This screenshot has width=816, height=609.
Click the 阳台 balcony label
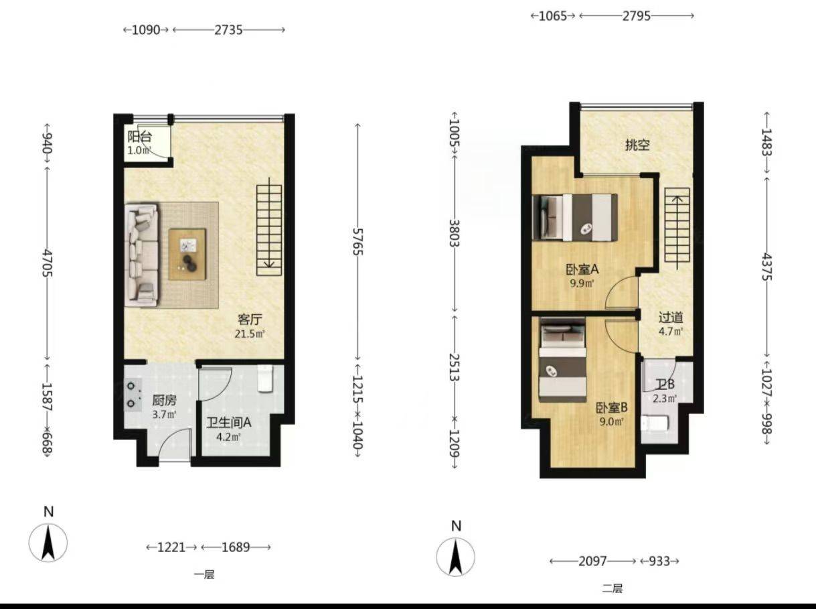point(140,137)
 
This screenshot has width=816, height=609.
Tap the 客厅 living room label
point(250,319)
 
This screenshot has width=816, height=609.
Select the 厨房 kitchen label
point(164,401)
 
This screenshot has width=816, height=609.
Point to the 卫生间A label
point(229,423)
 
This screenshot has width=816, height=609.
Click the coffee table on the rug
point(187,254)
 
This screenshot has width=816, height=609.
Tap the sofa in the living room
point(142,255)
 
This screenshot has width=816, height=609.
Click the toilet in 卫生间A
point(265,379)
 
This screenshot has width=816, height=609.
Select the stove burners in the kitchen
point(133,395)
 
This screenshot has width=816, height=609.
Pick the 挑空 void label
point(637,145)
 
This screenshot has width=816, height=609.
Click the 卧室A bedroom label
point(582,269)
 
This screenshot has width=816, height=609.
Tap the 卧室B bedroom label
point(612,408)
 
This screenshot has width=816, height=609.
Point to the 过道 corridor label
point(671,318)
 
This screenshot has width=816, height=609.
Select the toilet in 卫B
point(655,423)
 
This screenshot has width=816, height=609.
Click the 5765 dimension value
point(357,241)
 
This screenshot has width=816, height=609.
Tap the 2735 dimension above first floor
point(228,29)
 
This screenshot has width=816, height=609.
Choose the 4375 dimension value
point(766,267)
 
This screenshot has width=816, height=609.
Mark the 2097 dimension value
point(592,561)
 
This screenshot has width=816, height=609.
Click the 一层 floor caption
point(204,575)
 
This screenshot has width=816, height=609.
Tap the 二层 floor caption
point(612,588)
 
